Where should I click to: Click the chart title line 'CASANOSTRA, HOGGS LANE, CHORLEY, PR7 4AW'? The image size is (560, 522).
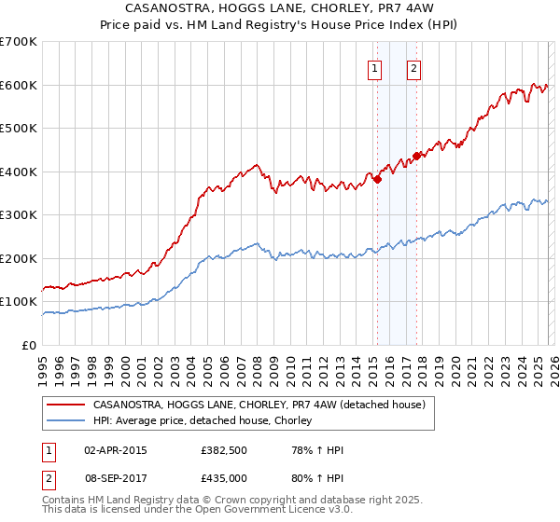click(x=280, y=8)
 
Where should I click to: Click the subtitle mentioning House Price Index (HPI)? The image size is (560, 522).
click(x=280, y=25)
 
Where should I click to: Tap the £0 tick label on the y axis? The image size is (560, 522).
click(x=30, y=345)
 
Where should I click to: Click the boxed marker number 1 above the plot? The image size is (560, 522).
click(x=375, y=67)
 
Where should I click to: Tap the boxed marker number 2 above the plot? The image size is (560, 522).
click(x=413, y=67)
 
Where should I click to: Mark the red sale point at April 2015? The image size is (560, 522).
click(x=377, y=180)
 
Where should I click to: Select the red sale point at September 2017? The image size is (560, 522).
click(x=416, y=157)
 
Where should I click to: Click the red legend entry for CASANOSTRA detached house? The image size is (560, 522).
click(x=259, y=405)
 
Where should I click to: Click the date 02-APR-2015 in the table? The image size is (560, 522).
click(x=116, y=450)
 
